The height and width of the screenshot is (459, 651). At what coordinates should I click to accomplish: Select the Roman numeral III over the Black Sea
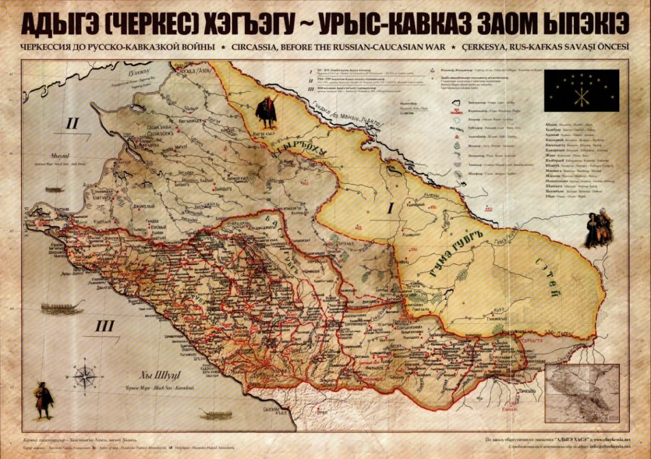[105, 327]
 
